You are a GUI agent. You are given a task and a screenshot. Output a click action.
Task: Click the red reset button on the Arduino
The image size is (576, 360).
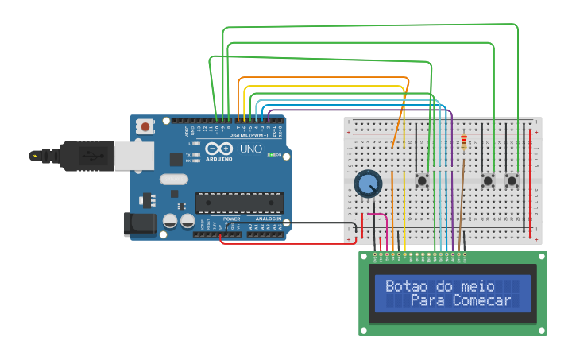[145, 126]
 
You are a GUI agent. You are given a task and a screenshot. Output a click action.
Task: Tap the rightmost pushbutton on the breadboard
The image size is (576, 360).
[512, 180]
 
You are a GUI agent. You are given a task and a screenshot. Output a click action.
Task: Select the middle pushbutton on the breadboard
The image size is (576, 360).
[488, 180]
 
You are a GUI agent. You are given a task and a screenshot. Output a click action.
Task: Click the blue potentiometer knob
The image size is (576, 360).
[367, 184]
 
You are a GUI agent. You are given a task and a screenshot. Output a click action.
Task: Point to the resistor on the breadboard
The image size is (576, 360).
[464, 142]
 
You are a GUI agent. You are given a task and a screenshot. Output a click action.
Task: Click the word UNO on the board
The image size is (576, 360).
[251, 149]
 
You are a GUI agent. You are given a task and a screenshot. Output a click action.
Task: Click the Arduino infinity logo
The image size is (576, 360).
[219, 149]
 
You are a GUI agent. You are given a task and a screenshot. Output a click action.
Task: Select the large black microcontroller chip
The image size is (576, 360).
[239, 203]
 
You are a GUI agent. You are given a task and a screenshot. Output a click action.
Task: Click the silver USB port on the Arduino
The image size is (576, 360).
[133, 156]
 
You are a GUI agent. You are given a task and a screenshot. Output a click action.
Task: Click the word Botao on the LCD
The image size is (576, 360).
[404, 286]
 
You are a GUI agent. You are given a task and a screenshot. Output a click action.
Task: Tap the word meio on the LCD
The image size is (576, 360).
[476, 286]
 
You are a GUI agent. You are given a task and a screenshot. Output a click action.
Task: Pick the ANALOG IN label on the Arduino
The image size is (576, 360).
[268, 219]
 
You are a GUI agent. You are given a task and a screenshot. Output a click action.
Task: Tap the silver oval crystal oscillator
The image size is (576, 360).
[173, 179]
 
